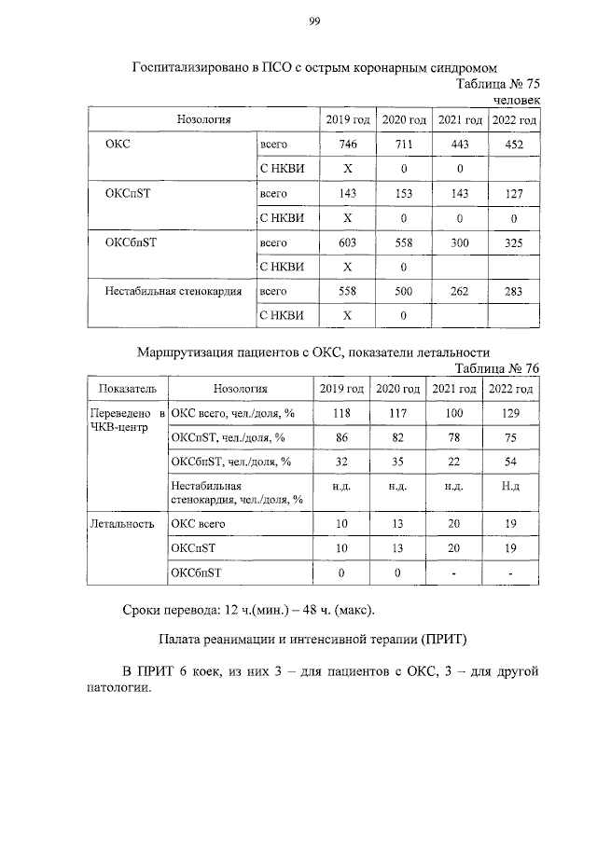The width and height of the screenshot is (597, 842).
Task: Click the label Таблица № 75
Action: pyautogui.click(x=497, y=83)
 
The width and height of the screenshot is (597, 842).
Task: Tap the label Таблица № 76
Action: pyautogui.click(x=496, y=367)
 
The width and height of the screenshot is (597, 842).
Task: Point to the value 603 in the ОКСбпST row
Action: pyautogui.click(x=348, y=242)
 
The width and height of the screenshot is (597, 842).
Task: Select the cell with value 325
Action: pyautogui.click(x=514, y=242)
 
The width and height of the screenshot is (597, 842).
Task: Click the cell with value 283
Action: pyautogui.click(x=514, y=291)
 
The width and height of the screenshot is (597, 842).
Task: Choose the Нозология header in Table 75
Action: pyautogui.click(x=203, y=119)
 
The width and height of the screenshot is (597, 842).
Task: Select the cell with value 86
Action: pyautogui.click(x=341, y=436)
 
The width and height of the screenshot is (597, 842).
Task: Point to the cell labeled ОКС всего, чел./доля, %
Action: pyautogui.click(x=231, y=412)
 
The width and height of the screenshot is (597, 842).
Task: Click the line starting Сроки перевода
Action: pyautogui.click(x=248, y=610)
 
